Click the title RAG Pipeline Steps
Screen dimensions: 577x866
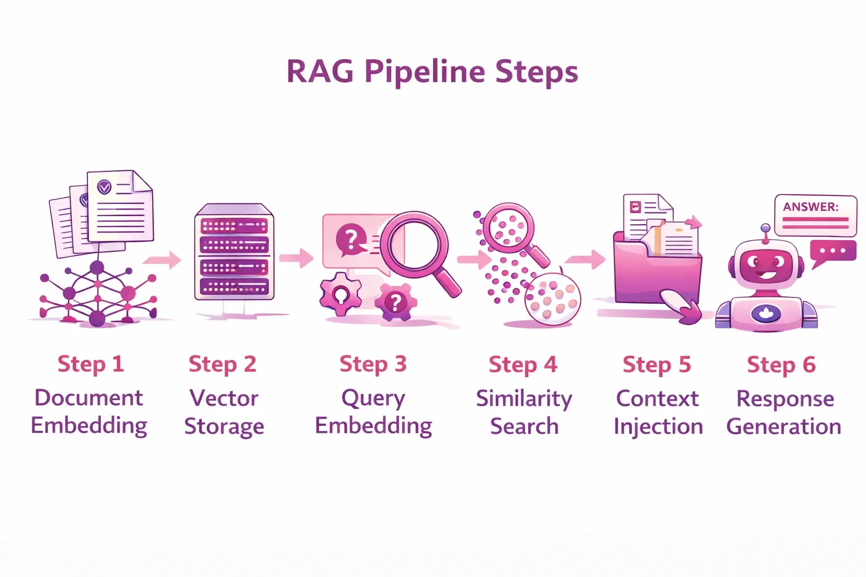tap(432, 72)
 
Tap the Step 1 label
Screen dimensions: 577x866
tap(90, 364)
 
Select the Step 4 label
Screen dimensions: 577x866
tap(523, 365)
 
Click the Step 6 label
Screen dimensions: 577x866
tap(781, 365)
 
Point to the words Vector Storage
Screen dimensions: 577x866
tap(224, 412)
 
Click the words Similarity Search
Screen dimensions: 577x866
tap(524, 412)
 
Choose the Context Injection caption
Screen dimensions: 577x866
tap(658, 412)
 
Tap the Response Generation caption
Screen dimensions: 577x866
tap(784, 412)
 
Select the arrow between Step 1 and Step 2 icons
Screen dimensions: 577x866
tap(162, 260)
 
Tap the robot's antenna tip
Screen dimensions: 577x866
tap(765, 228)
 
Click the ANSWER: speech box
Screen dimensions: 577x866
tap(815, 215)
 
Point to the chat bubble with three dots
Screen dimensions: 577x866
tap(832, 251)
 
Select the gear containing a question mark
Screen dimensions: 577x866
tap(396, 303)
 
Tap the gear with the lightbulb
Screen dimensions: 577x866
tap(340, 294)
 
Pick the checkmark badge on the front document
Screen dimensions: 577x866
tap(104, 187)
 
